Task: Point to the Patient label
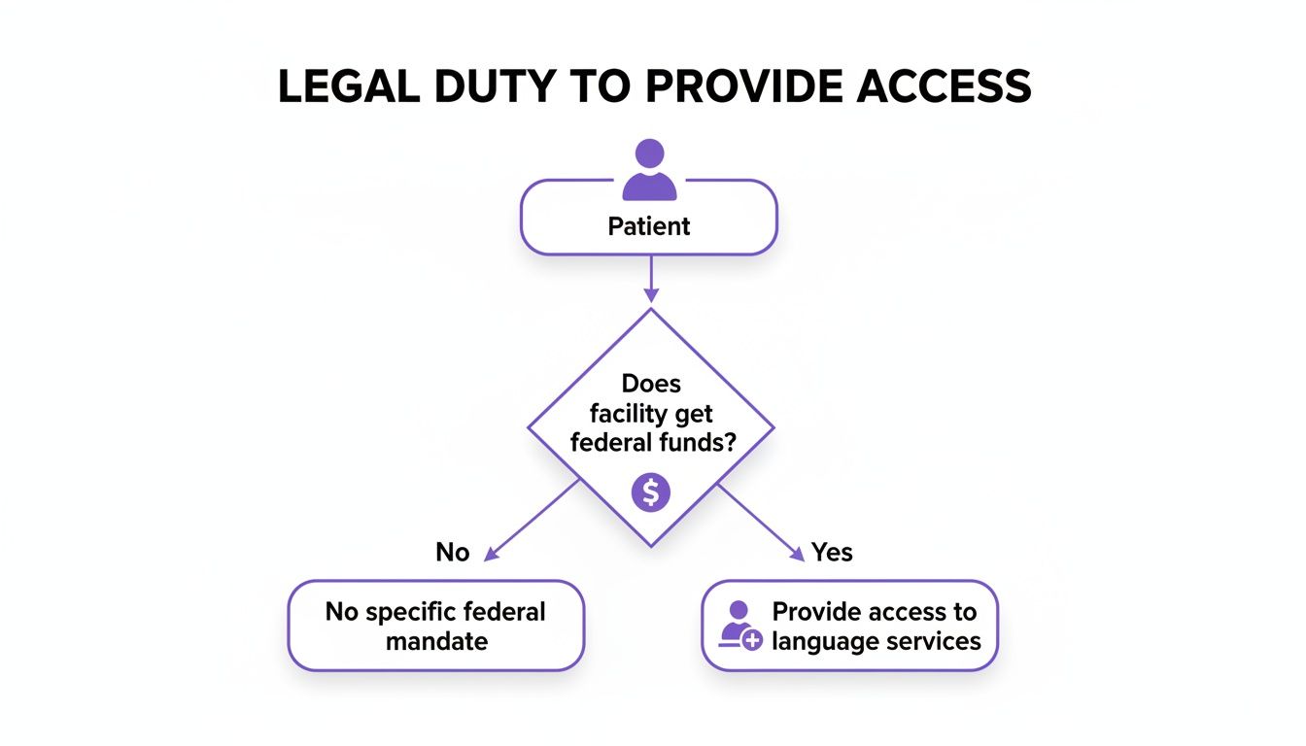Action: click(x=649, y=226)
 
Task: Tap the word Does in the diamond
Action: click(x=651, y=385)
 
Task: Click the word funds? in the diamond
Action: click(x=696, y=443)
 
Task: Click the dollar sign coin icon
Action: click(x=651, y=493)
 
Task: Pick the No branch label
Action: click(x=453, y=553)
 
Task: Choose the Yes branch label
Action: click(x=832, y=553)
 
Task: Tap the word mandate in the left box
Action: click(x=436, y=641)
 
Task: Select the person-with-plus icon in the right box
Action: click(x=740, y=626)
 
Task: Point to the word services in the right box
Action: click(x=934, y=641)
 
